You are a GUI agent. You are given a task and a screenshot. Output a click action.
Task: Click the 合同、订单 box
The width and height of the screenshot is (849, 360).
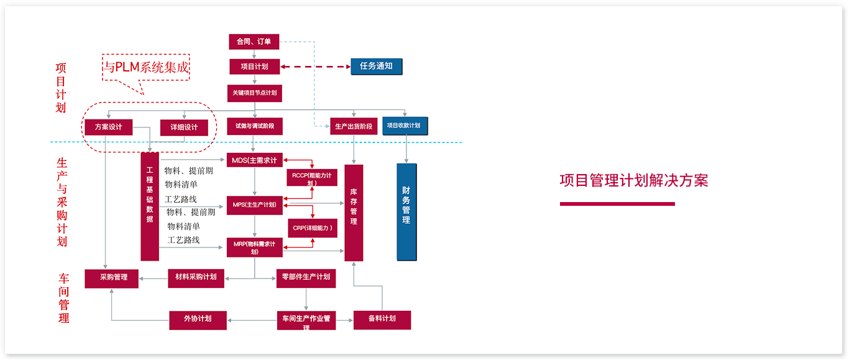[254, 42]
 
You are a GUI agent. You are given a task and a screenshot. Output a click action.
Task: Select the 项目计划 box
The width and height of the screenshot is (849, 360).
[255, 67]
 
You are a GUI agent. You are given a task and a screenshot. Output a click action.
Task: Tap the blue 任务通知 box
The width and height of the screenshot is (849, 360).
[376, 66]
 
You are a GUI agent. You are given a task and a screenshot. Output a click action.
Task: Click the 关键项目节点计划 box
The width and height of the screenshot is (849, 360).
[255, 93]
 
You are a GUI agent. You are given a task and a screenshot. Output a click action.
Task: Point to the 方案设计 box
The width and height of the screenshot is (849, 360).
[108, 127]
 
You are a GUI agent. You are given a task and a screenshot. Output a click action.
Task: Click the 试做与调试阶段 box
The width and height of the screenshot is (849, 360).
[255, 126]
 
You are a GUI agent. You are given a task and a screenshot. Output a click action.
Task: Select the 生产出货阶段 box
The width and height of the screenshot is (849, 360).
[353, 126]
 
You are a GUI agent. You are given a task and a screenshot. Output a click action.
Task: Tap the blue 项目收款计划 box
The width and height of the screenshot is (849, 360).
[405, 126]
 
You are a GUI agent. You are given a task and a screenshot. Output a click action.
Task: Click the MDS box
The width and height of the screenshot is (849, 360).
[255, 160]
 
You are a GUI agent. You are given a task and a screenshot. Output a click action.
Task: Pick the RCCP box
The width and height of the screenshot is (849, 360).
[312, 177]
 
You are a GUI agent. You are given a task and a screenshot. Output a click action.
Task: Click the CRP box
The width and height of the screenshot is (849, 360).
[312, 228]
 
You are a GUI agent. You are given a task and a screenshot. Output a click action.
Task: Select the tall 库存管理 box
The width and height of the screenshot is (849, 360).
[354, 213]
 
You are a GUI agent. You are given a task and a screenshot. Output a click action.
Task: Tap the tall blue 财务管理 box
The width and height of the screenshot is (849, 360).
[406, 211]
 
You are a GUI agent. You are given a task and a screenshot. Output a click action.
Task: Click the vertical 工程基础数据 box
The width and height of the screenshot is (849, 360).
[150, 206]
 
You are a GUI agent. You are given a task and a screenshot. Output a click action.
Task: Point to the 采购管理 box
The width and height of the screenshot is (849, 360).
[111, 278]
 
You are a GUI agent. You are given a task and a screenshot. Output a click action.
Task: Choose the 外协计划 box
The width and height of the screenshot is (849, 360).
[198, 319]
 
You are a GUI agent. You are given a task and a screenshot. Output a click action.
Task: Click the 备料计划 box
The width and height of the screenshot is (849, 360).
[382, 319]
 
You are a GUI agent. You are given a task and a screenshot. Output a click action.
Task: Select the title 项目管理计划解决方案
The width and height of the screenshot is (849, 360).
[633, 181]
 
